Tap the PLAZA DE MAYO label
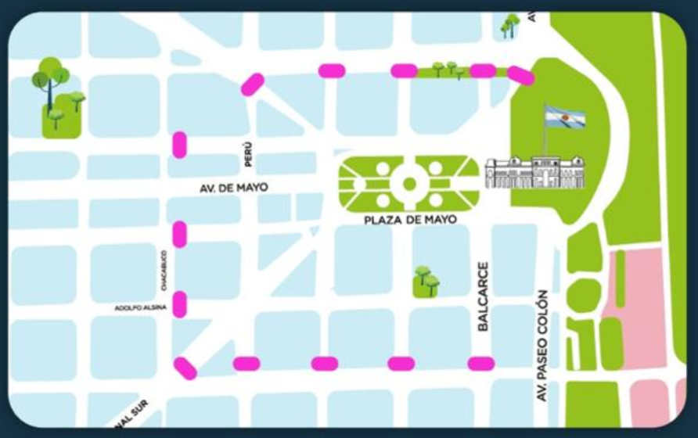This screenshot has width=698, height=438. pyautogui.click(x=410, y=220)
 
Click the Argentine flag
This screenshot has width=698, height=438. pyautogui.click(x=565, y=117)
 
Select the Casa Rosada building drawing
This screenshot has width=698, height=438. pyautogui.click(x=534, y=171)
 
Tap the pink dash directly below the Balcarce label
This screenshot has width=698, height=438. pyautogui.click(x=480, y=363)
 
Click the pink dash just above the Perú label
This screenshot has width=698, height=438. pyautogui.click(x=252, y=84)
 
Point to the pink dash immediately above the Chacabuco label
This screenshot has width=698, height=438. pyautogui.click(x=179, y=234)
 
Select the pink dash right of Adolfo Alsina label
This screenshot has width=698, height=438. pyautogui.click(x=179, y=303)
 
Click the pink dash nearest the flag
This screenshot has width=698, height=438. pyautogui.click(x=520, y=74)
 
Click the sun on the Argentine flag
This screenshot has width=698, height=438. pyautogui.click(x=565, y=117)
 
